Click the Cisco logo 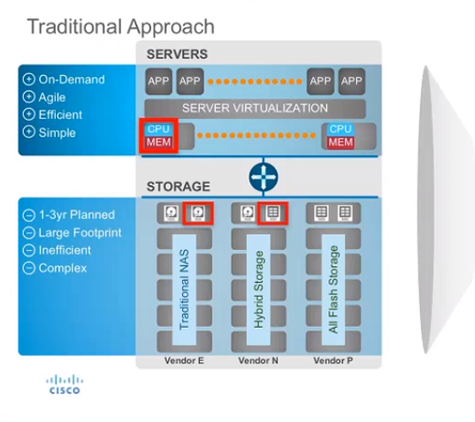[x=64, y=384]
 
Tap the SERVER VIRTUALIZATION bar [x=255, y=108]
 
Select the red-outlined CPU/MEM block [x=158, y=135]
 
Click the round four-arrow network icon [x=264, y=177]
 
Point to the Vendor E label [x=184, y=361]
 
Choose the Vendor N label [x=258, y=361]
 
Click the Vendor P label [x=333, y=361]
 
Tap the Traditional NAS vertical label [x=184, y=289]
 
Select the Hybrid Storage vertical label [x=259, y=289]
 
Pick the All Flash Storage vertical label [x=333, y=289]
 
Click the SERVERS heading [x=178, y=54]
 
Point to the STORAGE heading [x=178, y=187]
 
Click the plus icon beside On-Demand [x=28, y=80]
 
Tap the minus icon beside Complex [x=28, y=268]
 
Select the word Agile [x=52, y=98]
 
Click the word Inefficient [x=65, y=250]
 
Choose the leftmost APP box [x=158, y=81]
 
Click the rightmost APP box [x=351, y=81]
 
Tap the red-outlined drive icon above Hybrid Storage [x=273, y=213]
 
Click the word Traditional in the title [x=74, y=27]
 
